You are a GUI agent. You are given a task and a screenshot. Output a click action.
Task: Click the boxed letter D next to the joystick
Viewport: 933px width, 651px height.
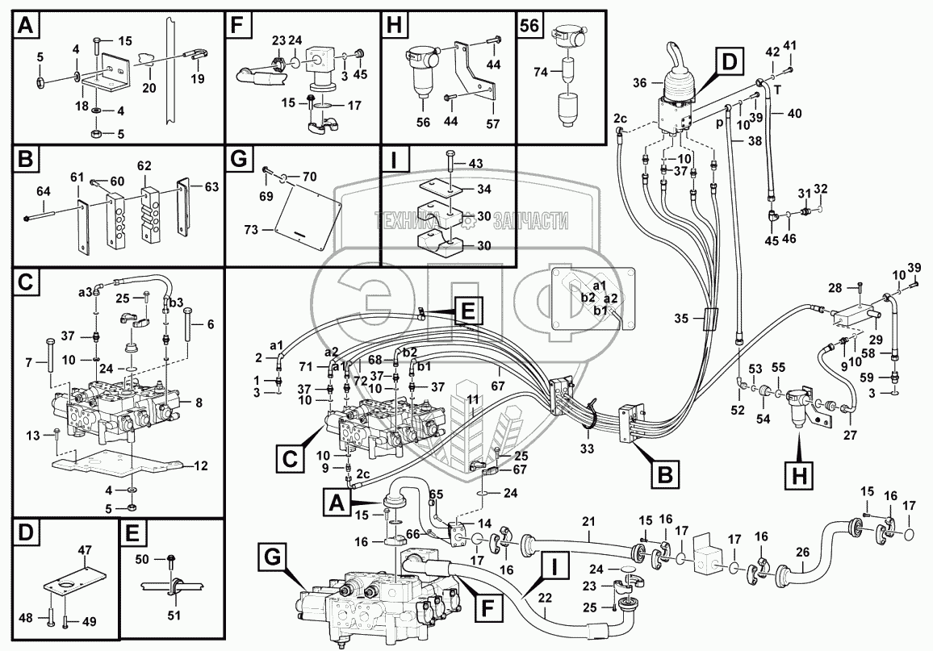(729, 61)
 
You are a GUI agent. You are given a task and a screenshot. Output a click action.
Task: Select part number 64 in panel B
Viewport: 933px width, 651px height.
(43, 191)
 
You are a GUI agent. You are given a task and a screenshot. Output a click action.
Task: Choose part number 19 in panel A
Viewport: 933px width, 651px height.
(197, 79)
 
